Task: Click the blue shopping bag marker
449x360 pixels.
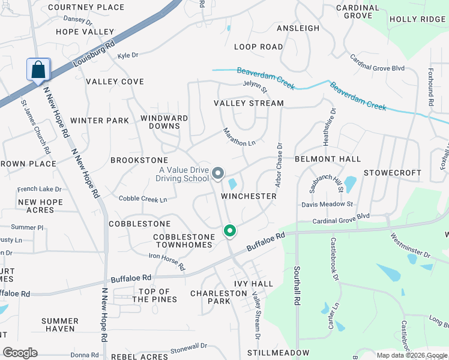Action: click(38, 70)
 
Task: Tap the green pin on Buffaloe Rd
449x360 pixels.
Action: click(229, 231)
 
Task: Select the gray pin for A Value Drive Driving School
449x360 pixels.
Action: click(218, 174)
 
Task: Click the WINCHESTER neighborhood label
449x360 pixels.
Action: click(249, 196)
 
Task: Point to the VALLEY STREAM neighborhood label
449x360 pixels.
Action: click(249, 103)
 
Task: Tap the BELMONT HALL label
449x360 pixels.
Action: click(328, 159)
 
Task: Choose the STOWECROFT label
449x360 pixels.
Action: click(393, 173)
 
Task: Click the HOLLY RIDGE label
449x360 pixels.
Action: click(417, 19)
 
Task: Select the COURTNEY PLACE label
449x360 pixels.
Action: click(86, 7)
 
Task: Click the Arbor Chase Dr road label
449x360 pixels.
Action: click(279, 163)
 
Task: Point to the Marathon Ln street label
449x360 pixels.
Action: click(239, 137)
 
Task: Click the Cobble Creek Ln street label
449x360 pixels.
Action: click(142, 199)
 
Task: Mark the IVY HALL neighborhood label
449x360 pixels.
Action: click(253, 284)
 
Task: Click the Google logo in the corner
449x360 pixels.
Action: click(20, 353)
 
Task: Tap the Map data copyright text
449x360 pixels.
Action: click(412, 355)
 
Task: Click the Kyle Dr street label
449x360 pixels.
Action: click(128, 55)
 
